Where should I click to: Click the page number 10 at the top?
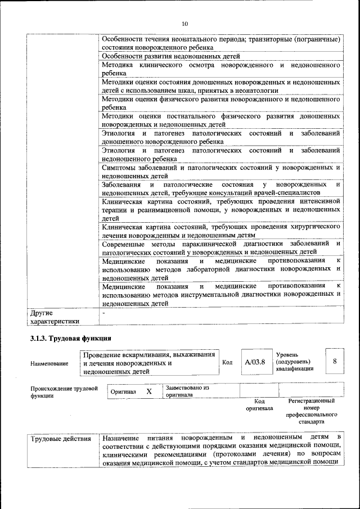pyautogui.click(x=185, y=23)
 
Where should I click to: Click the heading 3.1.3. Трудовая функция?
pyautogui.click(x=71, y=339)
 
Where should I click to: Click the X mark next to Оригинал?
pyautogui.click(x=149, y=391)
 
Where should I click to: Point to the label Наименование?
pyautogui.click(x=49, y=364)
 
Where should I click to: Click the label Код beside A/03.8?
pyautogui.click(x=227, y=362)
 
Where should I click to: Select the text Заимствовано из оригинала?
pyautogui.click(x=187, y=391)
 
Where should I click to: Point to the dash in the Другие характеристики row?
pyautogui.click(x=103, y=312)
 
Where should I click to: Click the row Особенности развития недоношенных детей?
pyautogui.click(x=171, y=56)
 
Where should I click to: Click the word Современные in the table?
pyautogui.click(x=124, y=244)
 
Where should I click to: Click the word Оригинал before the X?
pyautogui.click(x=123, y=391)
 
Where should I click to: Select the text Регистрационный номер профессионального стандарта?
pyautogui.click(x=311, y=411)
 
